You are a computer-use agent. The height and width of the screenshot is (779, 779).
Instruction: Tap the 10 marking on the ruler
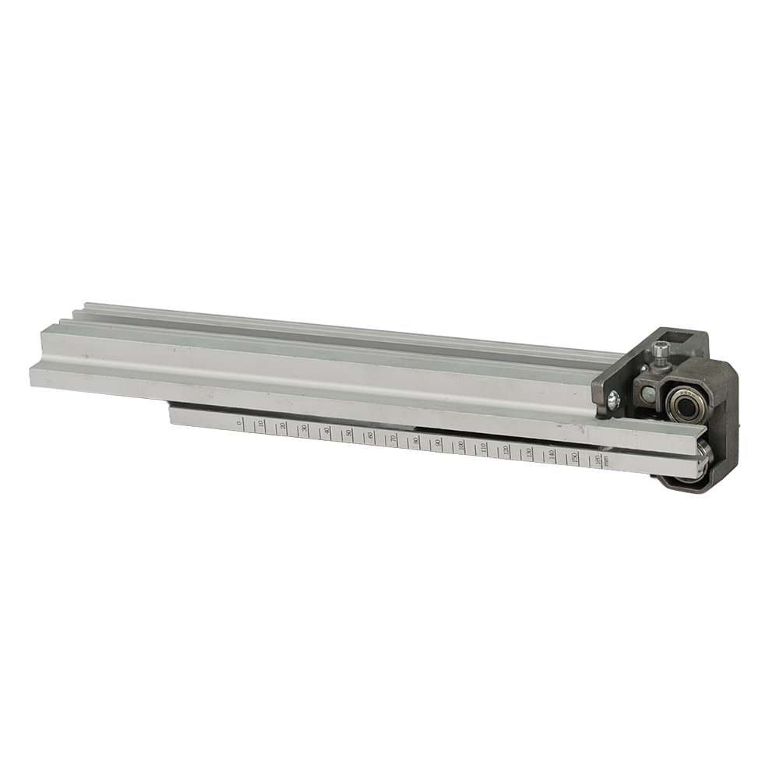[260, 425]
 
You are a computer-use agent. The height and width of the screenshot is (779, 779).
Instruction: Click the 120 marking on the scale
[506, 450]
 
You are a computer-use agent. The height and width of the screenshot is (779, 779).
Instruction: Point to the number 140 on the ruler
[552, 455]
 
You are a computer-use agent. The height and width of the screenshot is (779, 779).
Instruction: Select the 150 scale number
[574, 457]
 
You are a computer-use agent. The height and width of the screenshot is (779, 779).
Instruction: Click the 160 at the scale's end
[597, 460]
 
